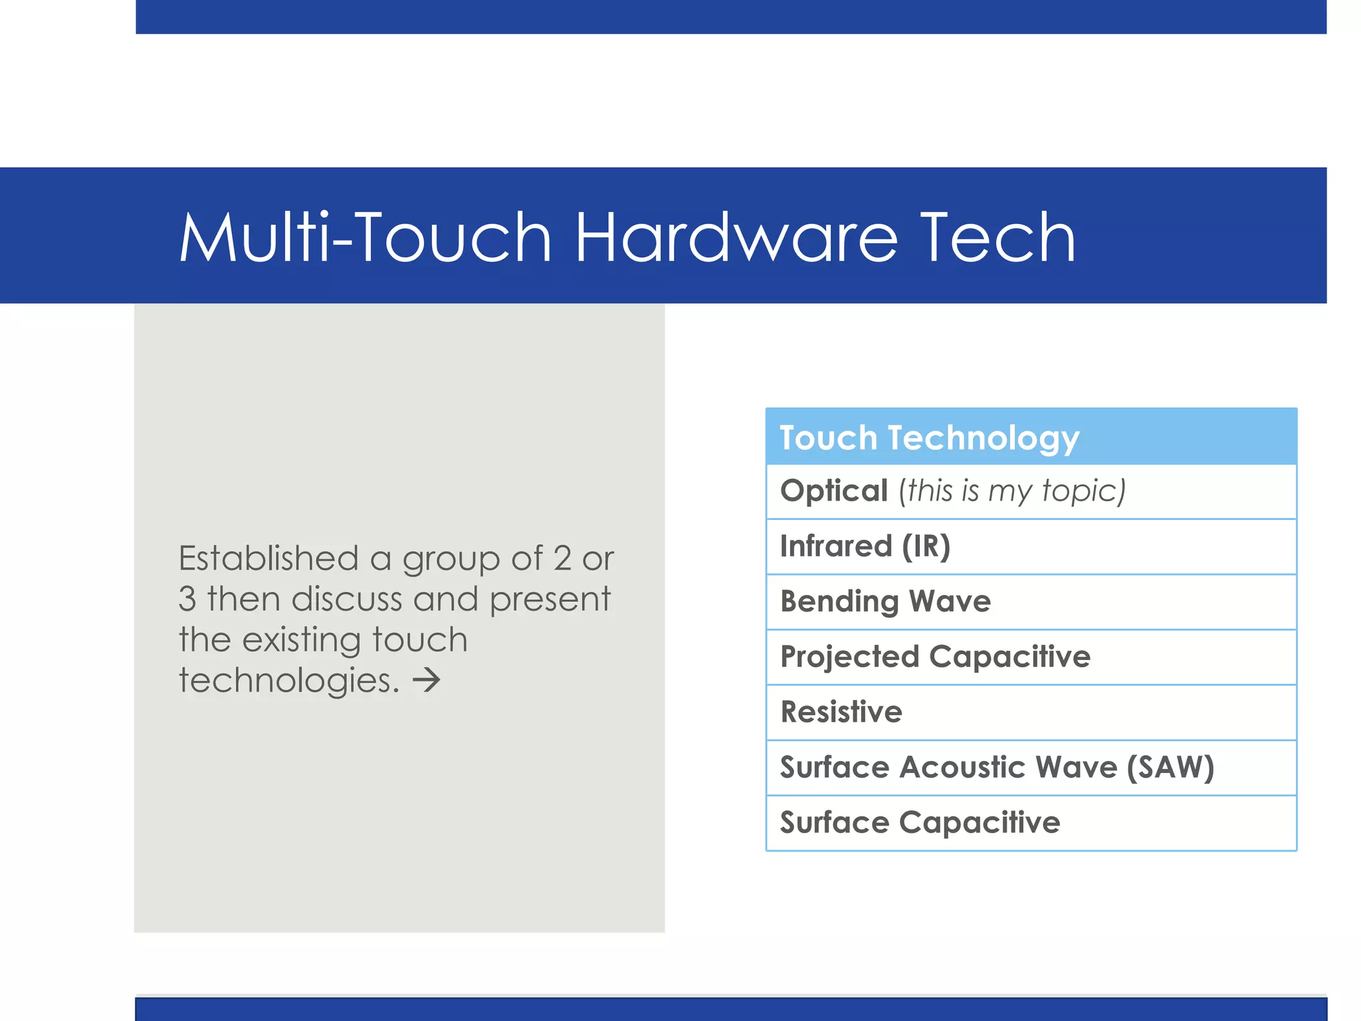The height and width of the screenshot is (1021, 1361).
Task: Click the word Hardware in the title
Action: pos(736,238)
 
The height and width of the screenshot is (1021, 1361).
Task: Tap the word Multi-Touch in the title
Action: pos(366,238)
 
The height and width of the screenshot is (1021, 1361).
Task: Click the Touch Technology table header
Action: pos(929,437)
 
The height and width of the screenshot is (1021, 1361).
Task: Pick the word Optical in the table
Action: pos(834,491)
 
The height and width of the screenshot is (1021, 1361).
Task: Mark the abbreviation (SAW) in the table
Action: pos(1170,767)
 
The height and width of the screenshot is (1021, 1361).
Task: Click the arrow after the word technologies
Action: pos(427,680)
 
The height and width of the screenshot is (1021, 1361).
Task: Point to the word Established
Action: pos(268,558)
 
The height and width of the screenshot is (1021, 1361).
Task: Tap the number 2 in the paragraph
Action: pos(562,558)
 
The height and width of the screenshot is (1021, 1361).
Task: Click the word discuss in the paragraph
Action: pos(347,599)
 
